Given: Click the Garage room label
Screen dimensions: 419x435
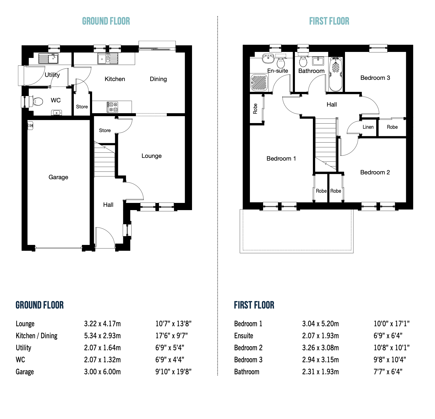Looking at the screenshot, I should [x=58, y=177].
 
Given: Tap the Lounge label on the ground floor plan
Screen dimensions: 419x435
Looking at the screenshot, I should [x=151, y=156].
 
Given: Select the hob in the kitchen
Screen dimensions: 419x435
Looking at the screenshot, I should [x=112, y=107].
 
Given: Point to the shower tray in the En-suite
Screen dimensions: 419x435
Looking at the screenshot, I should [x=259, y=83].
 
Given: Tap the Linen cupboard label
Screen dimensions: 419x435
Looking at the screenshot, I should [x=368, y=127].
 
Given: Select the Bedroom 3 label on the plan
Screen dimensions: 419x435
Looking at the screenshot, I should [x=375, y=78].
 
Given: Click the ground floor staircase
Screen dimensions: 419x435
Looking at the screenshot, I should [x=104, y=161].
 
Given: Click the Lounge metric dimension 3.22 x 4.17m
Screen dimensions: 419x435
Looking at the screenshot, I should [x=102, y=324].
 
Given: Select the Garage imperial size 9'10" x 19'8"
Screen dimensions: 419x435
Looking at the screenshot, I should [x=173, y=372].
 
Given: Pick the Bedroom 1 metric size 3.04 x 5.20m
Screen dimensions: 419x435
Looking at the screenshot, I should [x=320, y=324].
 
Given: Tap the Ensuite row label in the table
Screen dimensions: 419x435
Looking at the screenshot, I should [x=244, y=336].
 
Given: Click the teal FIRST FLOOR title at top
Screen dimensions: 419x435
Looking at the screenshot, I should [x=329, y=21].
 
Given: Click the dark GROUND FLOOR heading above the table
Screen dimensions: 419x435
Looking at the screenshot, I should [x=40, y=305].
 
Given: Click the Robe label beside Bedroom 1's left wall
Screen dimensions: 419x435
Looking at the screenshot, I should [x=255, y=109].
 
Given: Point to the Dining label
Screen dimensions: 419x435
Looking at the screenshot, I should [x=158, y=79].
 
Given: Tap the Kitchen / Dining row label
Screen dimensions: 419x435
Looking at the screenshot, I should [x=37, y=336].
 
